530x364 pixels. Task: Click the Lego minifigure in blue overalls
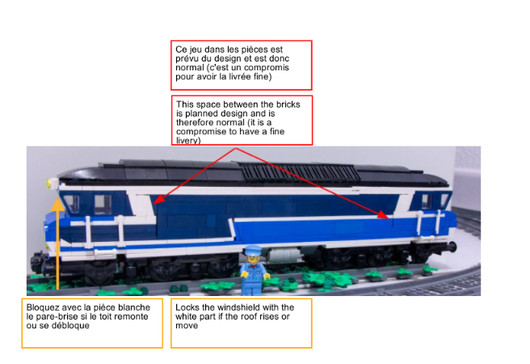pyautogui.click(x=252, y=272)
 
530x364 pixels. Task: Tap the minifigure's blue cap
pyautogui.click(x=253, y=249)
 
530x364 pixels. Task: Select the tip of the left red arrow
pyautogui.click(x=155, y=201)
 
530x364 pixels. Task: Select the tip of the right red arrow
pyautogui.click(x=387, y=216)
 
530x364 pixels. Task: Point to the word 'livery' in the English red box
pyautogui.click(x=189, y=140)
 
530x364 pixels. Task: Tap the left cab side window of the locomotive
pyautogui.click(x=70, y=201)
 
